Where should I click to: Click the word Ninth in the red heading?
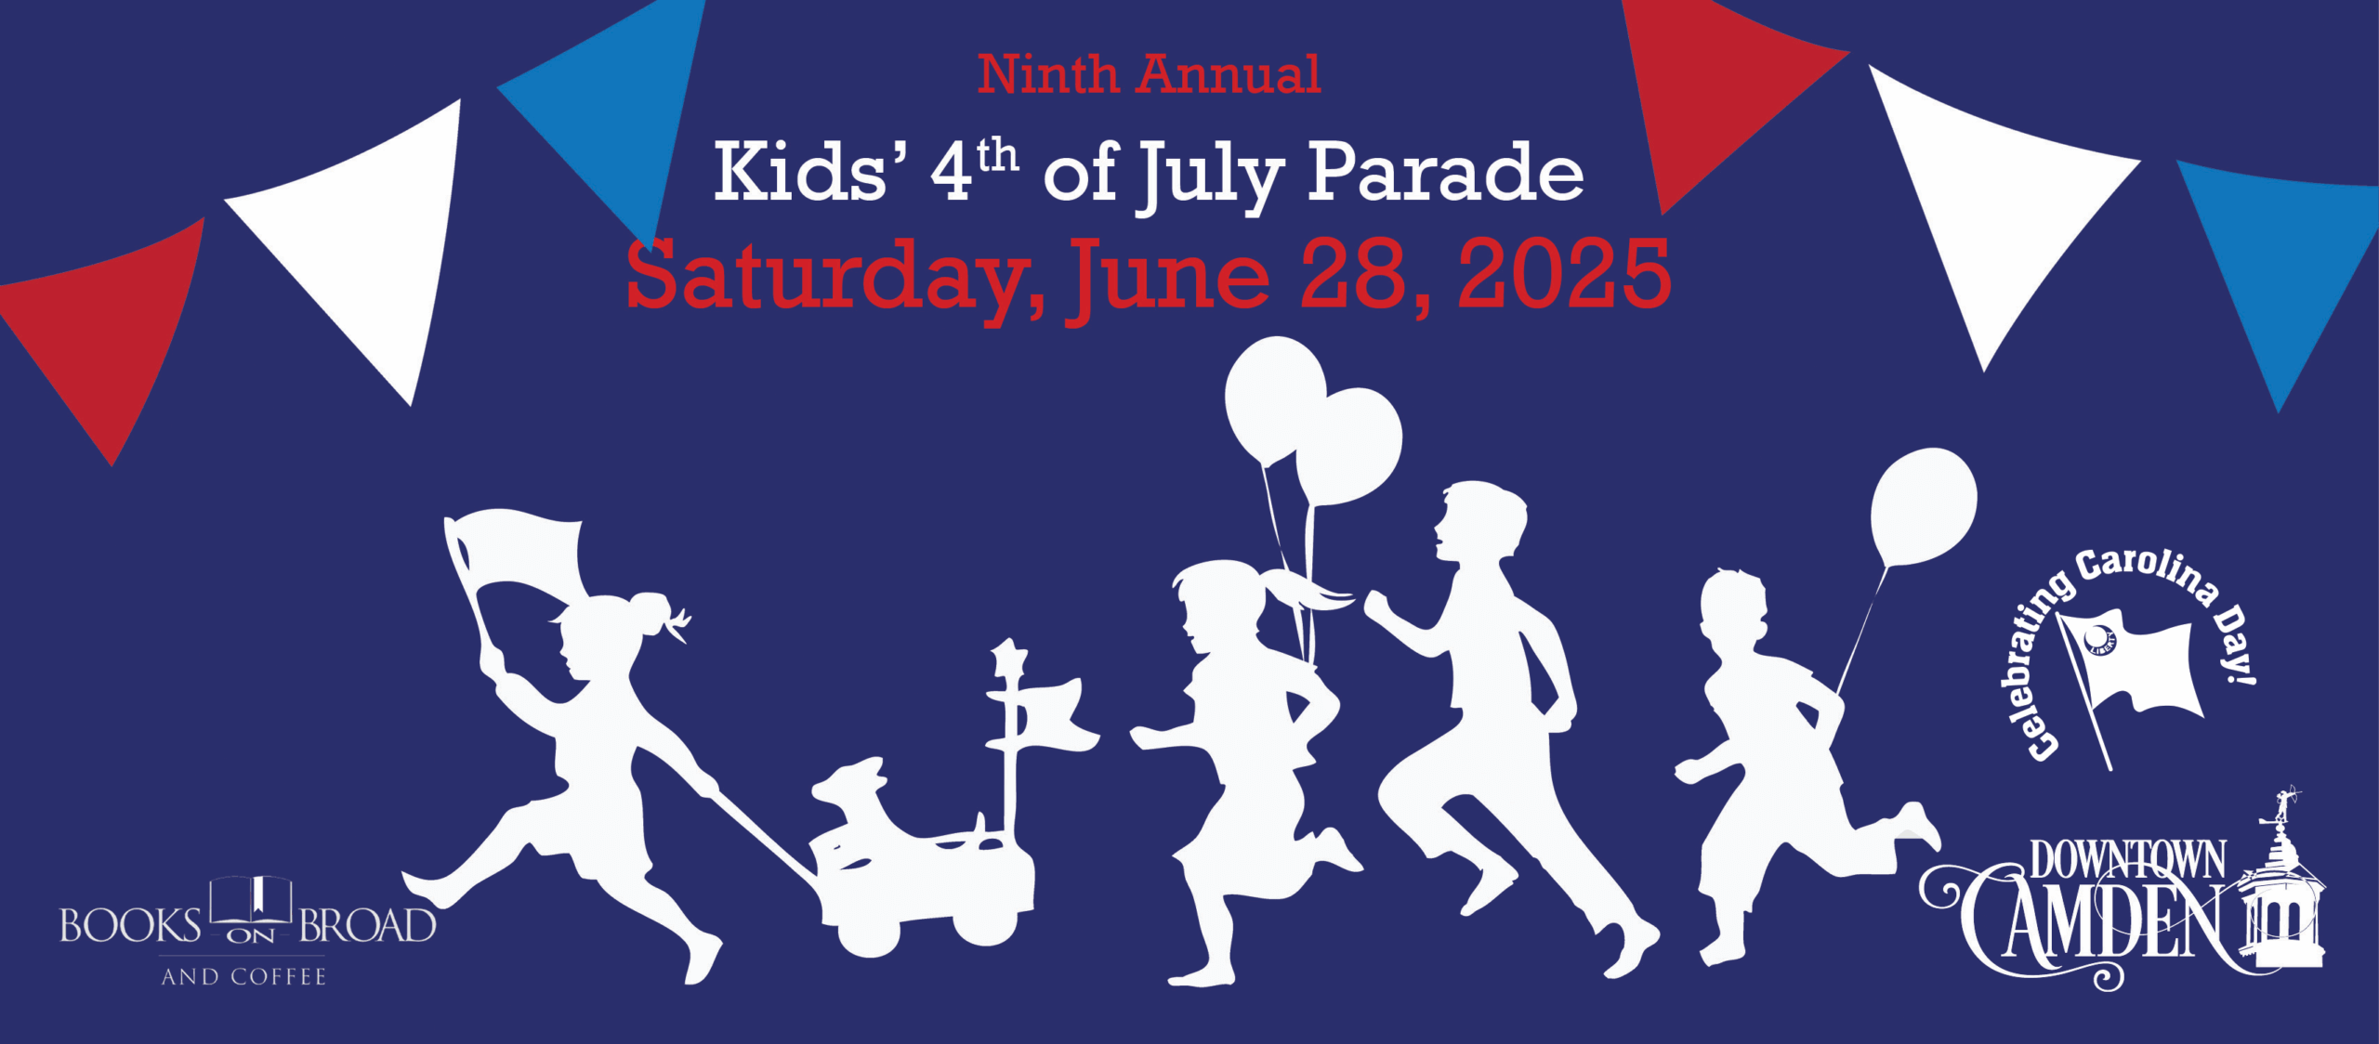tap(1047, 74)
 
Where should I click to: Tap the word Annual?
tap(1229, 74)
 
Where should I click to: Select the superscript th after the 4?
tap(997, 156)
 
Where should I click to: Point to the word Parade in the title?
tap(1445, 173)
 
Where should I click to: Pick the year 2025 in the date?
tap(1565, 274)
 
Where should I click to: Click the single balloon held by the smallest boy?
tap(1924, 507)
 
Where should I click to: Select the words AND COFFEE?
tap(243, 977)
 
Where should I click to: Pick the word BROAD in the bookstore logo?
tap(367, 926)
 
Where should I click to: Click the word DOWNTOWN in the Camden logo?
tap(2127, 860)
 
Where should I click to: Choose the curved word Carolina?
tap(2148, 574)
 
